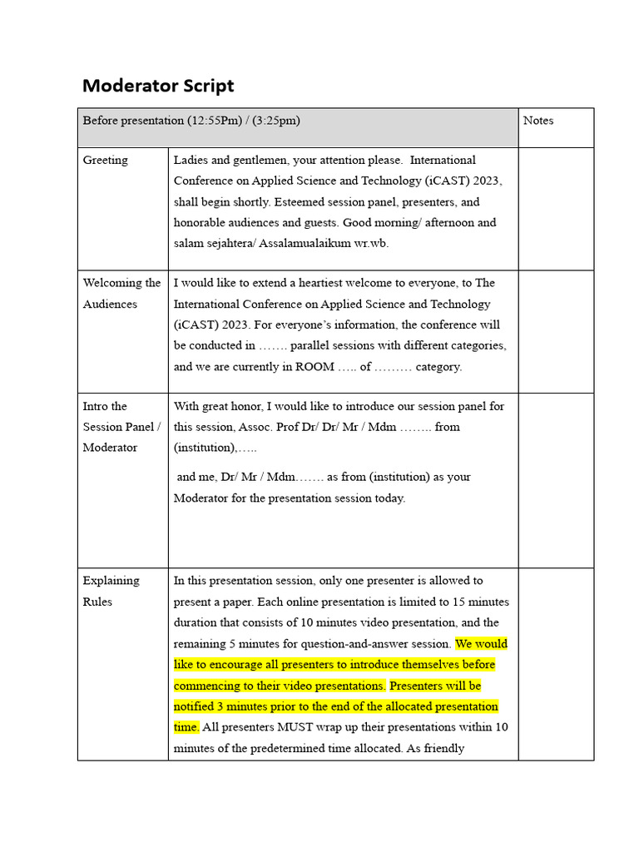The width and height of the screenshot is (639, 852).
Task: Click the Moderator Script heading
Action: (158, 86)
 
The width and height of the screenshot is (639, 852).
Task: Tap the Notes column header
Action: (538, 121)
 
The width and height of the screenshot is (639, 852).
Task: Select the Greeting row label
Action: (106, 160)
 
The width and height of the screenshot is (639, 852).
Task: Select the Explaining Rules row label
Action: (111, 591)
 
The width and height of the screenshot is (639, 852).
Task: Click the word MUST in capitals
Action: (295, 727)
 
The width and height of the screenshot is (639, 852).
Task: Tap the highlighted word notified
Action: (194, 706)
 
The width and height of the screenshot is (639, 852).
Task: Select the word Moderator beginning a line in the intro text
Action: (204, 498)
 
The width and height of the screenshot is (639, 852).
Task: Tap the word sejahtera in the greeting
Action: (230, 243)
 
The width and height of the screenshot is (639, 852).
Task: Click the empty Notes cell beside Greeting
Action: (556, 208)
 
